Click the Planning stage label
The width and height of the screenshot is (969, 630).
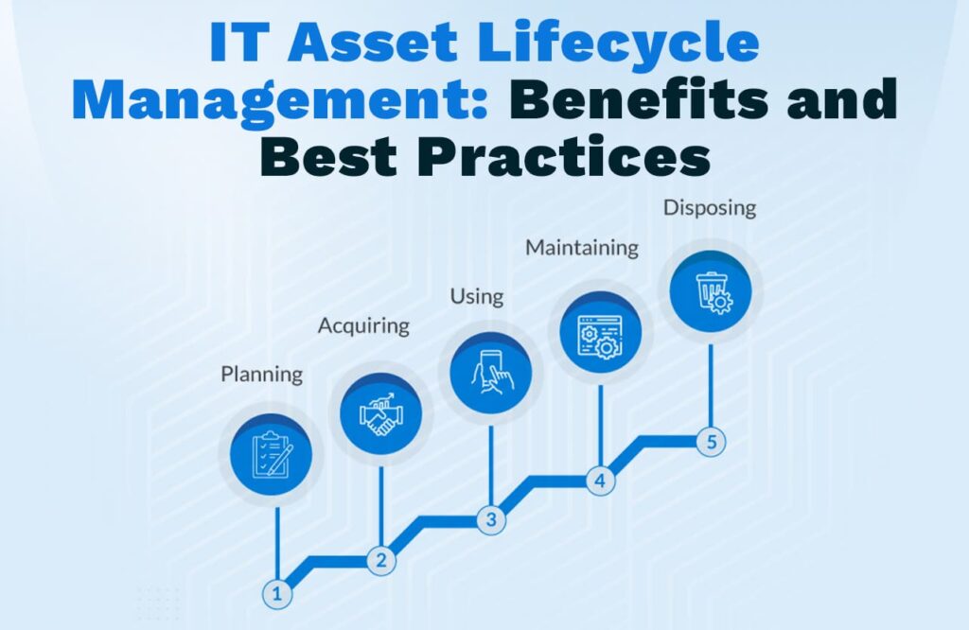[261, 375]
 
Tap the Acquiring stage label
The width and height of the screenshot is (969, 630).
[363, 326]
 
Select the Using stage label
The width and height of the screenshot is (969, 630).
[477, 296]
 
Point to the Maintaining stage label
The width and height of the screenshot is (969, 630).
[582, 248]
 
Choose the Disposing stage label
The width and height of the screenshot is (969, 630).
[710, 207]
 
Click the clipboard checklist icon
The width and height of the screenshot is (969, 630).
[272, 455]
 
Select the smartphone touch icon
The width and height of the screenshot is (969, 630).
[491, 373]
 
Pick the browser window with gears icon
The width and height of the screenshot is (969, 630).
[600, 337]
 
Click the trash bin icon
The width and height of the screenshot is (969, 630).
[712, 292]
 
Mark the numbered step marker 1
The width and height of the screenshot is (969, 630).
[277, 594]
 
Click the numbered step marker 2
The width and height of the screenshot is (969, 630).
[381, 560]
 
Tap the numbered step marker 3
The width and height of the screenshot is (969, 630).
[491, 519]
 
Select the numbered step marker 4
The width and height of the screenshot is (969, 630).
[600, 481]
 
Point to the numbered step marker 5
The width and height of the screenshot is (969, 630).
[712, 442]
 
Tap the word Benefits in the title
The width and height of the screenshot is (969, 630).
[639, 99]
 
